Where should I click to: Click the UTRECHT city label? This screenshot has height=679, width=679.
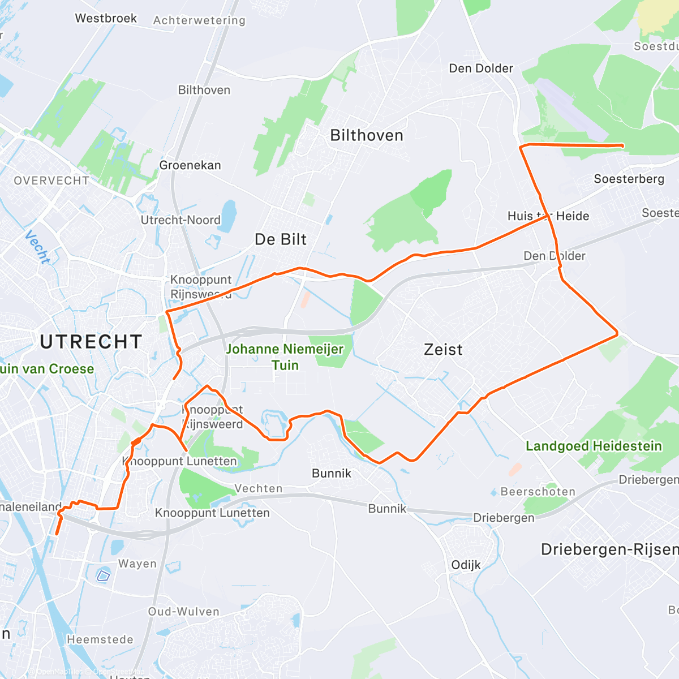[x=91, y=342]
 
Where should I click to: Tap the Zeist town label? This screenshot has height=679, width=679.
[x=443, y=350]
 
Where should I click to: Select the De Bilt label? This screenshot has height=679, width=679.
[x=281, y=239]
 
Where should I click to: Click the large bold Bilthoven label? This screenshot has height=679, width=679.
[x=367, y=135]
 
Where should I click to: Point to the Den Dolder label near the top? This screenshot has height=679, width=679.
[x=481, y=68]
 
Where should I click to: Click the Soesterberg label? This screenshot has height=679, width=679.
[x=629, y=179]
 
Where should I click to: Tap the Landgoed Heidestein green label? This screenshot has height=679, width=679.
[x=594, y=446]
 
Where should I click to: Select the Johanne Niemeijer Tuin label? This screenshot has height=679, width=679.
[x=285, y=357]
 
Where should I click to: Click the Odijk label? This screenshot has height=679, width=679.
[x=466, y=565]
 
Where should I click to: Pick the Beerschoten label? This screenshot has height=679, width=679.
[x=538, y=492]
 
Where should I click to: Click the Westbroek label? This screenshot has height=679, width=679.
[x=106, y=18]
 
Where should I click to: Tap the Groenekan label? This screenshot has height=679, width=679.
[x=190, y=165]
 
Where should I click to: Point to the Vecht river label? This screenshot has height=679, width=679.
[x=37, y=247]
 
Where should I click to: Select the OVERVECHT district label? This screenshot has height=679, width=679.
[x=51, y=181]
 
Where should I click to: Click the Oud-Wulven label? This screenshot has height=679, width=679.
[x=183, y=612]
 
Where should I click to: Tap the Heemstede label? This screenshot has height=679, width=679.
[x=100, y=639]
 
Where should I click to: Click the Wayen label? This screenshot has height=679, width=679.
[x=137, y=564]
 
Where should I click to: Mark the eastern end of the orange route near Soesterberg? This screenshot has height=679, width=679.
[x=622, y=146]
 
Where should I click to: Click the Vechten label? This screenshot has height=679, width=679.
[x=258, y=488]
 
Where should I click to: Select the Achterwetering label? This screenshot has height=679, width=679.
[x=199, y=20]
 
